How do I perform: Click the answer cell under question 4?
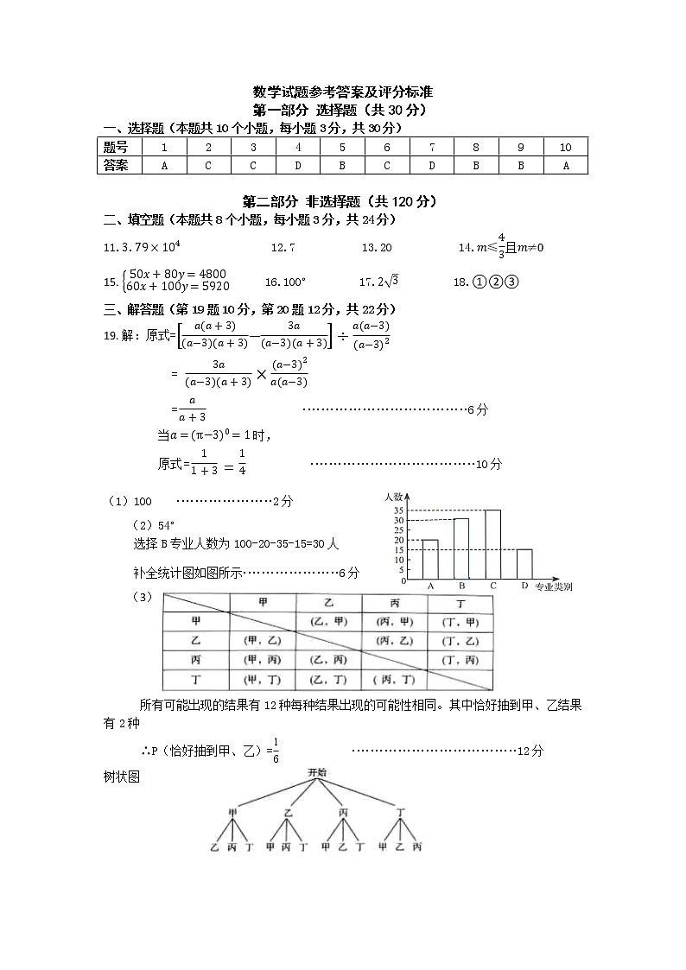click(297, 166)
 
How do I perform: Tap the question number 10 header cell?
click(566, 148)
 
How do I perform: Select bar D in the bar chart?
click(524, 563)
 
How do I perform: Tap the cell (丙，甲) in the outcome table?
click(395, 622)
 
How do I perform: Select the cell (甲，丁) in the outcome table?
click(263, 680)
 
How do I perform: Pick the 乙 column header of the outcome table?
click(328, 602)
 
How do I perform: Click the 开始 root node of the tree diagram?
click(317, 772)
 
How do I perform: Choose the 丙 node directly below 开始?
click(344, 813)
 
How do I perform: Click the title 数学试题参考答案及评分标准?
click(343, 92)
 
